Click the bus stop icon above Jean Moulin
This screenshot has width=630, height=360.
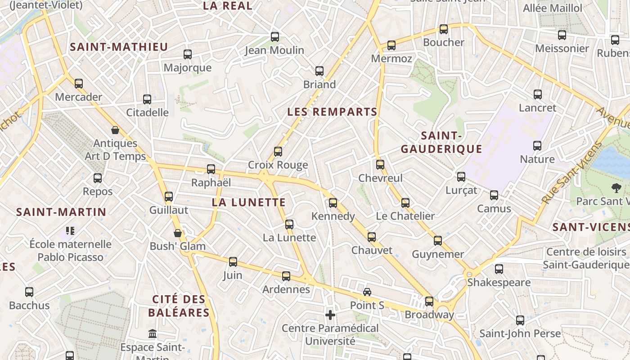(x=274, y=37)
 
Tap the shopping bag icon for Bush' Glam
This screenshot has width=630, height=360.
(x=178, y=233)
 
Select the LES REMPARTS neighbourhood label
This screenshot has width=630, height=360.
(x=332, y=112)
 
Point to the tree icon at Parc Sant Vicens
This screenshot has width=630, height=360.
(x=616, y=188)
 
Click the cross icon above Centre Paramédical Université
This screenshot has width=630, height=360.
(x=330, y=315)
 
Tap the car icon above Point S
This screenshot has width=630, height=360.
(x=367, y=292)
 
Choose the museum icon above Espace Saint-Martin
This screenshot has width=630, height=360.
(x=153, y=334)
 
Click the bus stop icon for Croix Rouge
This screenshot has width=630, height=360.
(x=278, y=152)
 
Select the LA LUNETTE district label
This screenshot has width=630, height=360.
(x=249, y=202)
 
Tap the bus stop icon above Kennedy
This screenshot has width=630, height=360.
(x=333, y=203)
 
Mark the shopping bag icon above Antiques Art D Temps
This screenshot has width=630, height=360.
(x=115, y=130)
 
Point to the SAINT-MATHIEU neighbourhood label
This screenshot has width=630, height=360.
(x=119, y=47)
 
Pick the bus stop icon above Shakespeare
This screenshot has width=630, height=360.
(x=499, y=270)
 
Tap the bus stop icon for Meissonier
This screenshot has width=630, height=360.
(x=562, y=35)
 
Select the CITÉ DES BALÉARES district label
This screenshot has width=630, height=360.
(x=179, y=306)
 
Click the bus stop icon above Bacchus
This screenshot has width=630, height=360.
(x=29, y=292)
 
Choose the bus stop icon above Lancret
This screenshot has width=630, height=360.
(x=538, y=94)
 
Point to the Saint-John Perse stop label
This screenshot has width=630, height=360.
(x=520, y=333)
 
